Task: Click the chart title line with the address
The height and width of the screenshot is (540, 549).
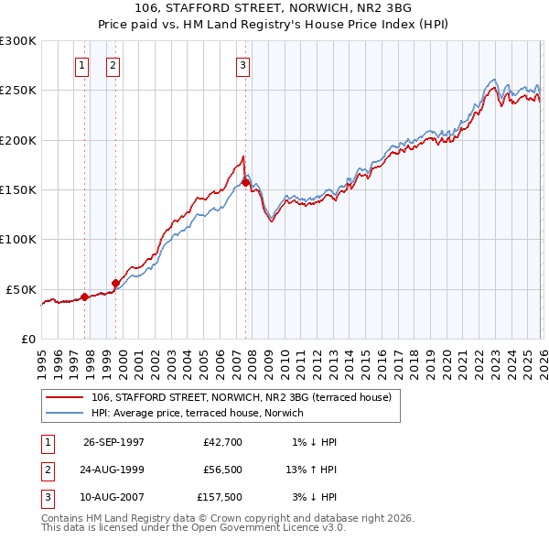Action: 274,8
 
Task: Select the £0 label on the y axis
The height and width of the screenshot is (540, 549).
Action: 27,339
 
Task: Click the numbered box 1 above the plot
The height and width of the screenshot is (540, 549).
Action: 82,65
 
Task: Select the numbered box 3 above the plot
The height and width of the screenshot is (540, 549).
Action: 243,65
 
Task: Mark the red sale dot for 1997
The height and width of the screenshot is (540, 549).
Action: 85,297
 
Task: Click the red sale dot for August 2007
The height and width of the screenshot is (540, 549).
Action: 245,183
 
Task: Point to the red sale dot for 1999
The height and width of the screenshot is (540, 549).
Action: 116,283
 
